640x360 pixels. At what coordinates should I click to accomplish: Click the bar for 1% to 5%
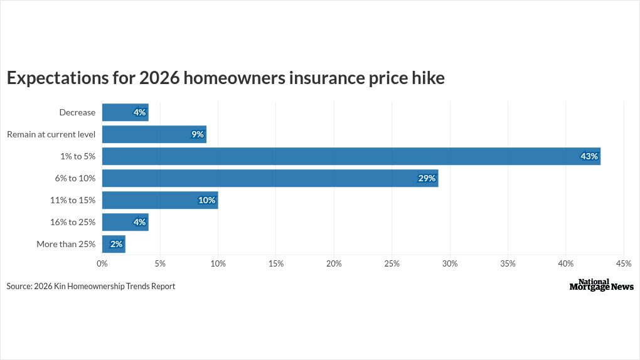[351, 156]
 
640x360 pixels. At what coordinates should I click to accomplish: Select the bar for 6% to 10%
[270, 178]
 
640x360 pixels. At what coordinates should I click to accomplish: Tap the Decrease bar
[125, 112]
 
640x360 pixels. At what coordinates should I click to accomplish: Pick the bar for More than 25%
[114, 244]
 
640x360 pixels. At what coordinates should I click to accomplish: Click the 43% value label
[589, 156]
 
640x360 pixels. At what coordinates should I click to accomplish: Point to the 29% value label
[427, 178]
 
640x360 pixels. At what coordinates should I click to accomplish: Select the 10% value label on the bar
[207, 200]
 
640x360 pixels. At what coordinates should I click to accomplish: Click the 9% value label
[198, 134]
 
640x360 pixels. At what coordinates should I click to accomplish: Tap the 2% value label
[116, 244]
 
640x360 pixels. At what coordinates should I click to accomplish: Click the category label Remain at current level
[51, 134]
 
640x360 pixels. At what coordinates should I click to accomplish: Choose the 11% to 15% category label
[73, 200]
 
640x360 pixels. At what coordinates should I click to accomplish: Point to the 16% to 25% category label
[73, 222]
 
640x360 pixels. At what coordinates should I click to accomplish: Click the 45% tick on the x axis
[624, 264]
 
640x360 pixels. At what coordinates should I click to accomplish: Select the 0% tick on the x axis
[102, 264]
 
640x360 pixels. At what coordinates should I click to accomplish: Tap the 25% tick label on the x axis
[392, 264]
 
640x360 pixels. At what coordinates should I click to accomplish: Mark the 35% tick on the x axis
[508, 264]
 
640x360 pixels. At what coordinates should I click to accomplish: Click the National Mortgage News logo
[601, 285]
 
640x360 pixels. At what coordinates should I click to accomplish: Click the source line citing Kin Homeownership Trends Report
[91, 286]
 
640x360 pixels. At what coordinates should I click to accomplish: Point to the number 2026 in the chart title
[159, 78]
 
